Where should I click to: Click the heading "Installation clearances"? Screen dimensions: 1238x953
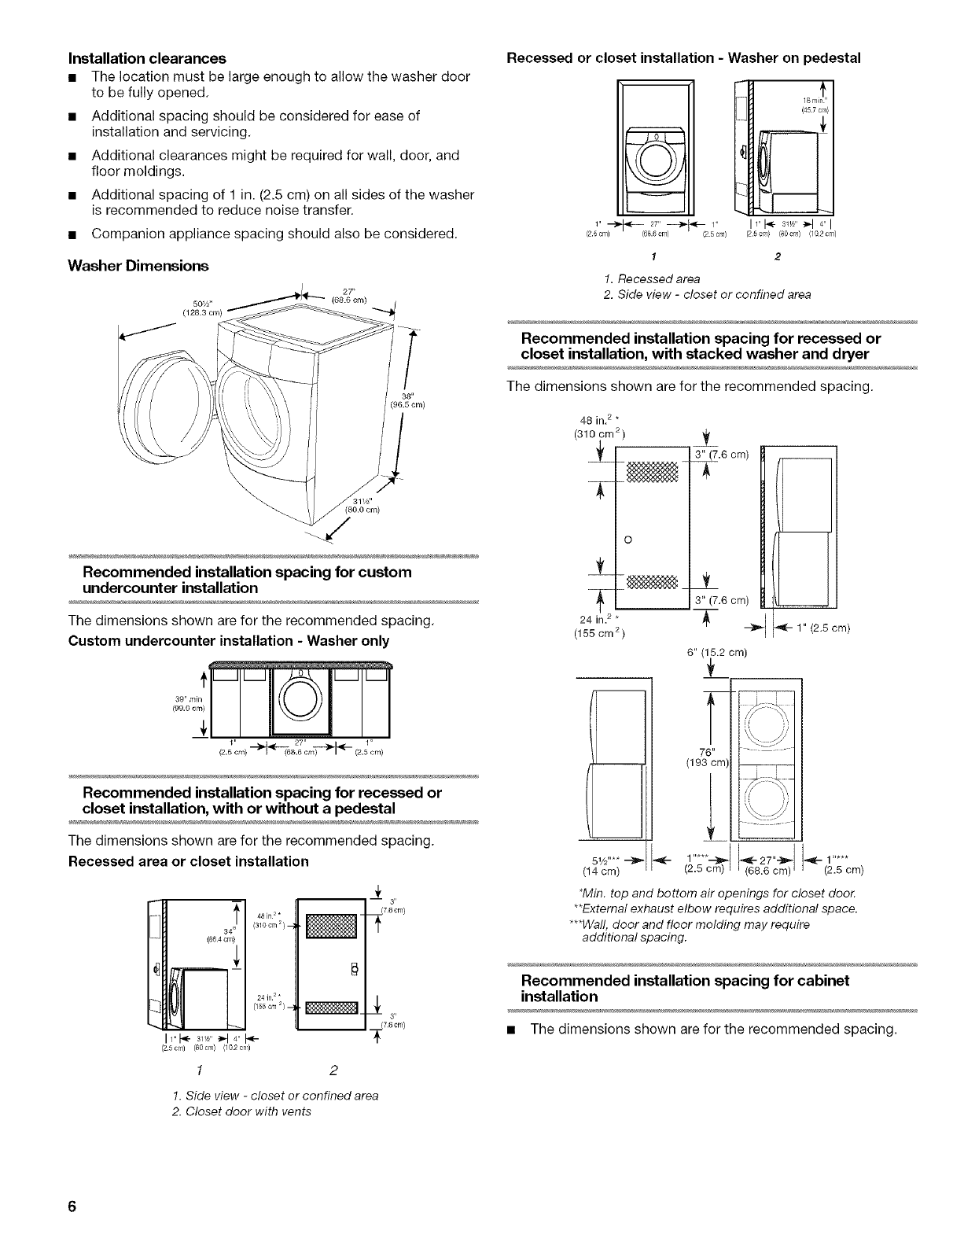point(147,58)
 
